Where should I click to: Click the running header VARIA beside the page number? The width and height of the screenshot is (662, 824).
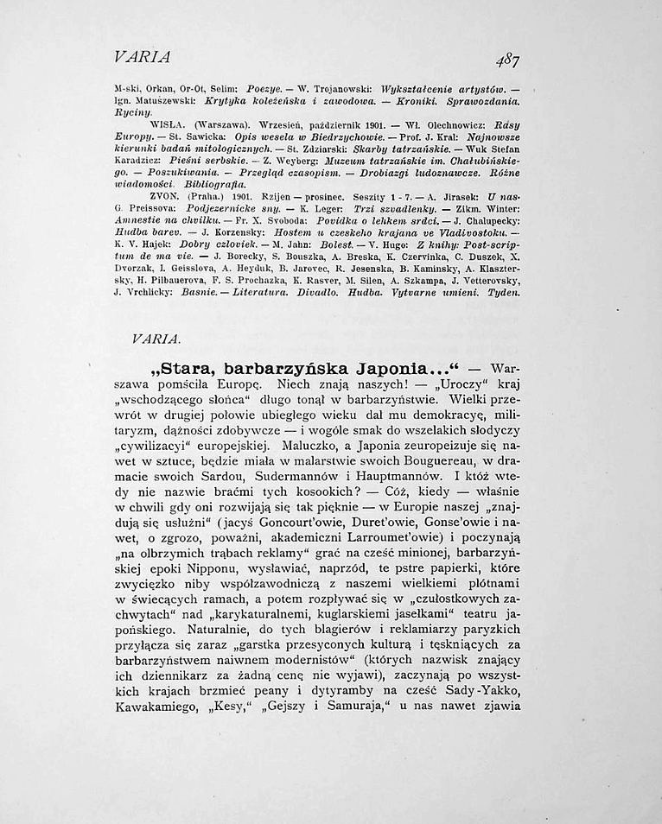pyautogui.click(x=142, y=57)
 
